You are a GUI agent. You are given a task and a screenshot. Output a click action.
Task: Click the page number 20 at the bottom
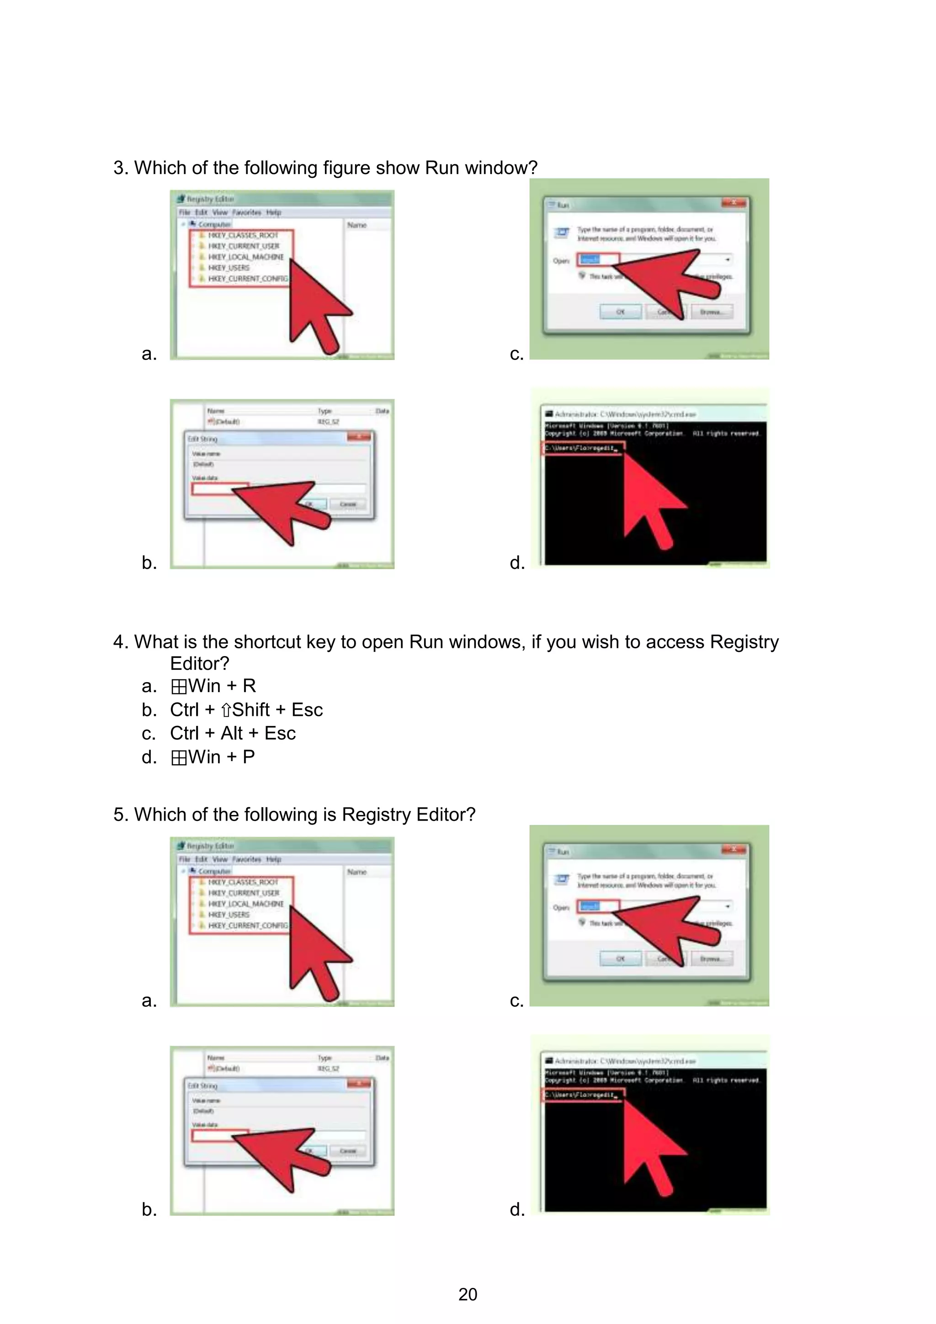(468, 1294)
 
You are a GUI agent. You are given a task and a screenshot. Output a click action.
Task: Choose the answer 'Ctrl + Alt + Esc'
(233, 734)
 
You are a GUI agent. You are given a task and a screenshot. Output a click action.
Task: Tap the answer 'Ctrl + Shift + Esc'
(246, 710)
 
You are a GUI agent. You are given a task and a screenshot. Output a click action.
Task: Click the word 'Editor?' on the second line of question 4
(200, 664)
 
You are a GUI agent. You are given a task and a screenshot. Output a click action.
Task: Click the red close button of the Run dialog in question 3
(734, 202)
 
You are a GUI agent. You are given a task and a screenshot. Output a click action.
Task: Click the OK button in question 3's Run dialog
(621, 312)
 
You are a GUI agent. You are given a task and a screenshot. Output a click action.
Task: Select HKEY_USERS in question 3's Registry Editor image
(229, 268)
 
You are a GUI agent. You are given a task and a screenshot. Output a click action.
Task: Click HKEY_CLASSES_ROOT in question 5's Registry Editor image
(243, 882)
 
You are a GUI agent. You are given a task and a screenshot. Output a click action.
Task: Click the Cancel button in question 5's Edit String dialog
(348, 1151)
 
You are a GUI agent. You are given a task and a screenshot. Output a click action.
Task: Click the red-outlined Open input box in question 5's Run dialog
(599, 906)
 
